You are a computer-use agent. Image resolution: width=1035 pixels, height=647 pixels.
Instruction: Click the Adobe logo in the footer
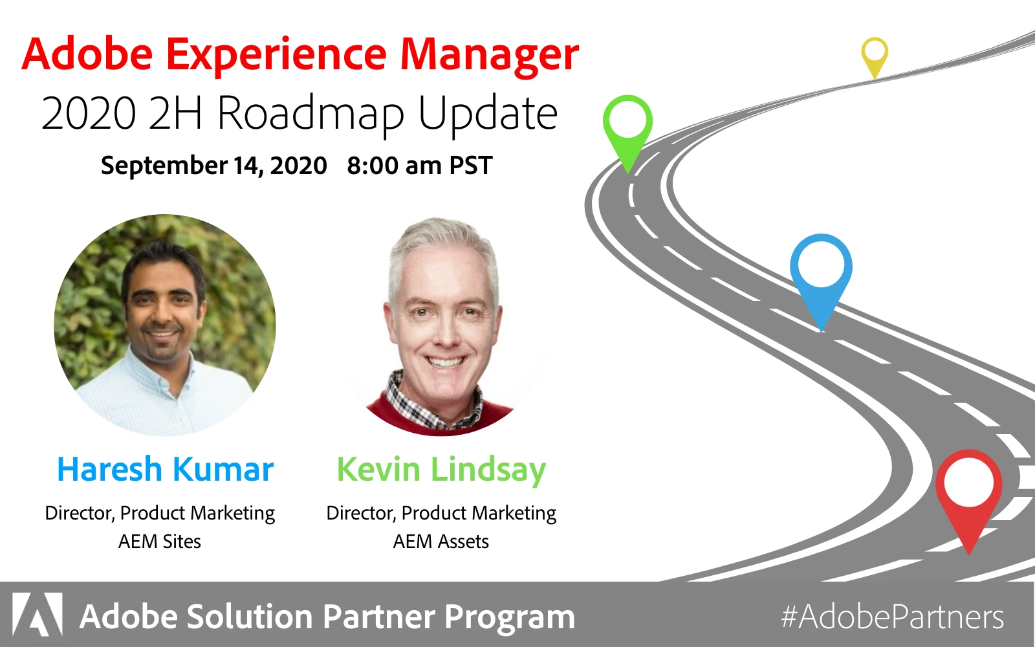(37, 614)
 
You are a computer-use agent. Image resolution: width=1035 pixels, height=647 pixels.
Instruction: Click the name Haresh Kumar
(165, 470)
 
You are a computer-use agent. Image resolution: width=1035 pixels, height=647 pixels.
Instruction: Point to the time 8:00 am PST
(420, 166)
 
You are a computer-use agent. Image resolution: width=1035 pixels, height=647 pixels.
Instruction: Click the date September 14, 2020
(214, 166)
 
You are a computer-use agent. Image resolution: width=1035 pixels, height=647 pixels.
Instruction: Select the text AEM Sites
(160, 542)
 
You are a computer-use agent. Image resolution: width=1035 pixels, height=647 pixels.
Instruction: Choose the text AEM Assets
(441, 542)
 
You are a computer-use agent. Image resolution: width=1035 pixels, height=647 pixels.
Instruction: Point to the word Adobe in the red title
(87, 54)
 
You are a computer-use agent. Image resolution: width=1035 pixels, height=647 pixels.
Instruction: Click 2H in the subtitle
(175, 113)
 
